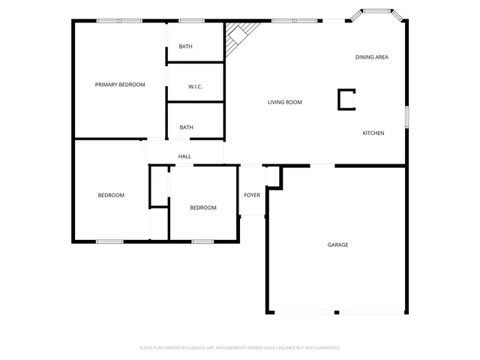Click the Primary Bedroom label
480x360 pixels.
[x=120, y=85]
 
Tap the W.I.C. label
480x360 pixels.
[x=195, y=87]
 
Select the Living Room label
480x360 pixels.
[x=285, y=102]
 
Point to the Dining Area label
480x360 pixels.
[x=371, y=57]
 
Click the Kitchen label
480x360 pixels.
[x=373, y=133]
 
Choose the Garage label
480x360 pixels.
[x=337, y=244]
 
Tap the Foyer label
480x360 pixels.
[x=252, y=195]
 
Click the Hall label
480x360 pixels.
[x=184, y=156]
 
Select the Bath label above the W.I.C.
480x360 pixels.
[x=185, y=46]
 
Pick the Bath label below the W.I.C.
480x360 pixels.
[x=186, y=127]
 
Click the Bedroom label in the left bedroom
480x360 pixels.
[x=111, y=195]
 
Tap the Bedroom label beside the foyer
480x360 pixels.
[x=202, y=208]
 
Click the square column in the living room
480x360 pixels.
[x=347, y=99]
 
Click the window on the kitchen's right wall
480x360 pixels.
[x=407, y=117]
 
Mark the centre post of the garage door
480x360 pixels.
[x=337, y=312]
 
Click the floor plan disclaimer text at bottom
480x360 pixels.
[x=240, y=347]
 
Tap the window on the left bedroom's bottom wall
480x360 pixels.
[x=109, y=241]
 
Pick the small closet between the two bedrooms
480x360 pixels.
[x=159, y=185]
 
